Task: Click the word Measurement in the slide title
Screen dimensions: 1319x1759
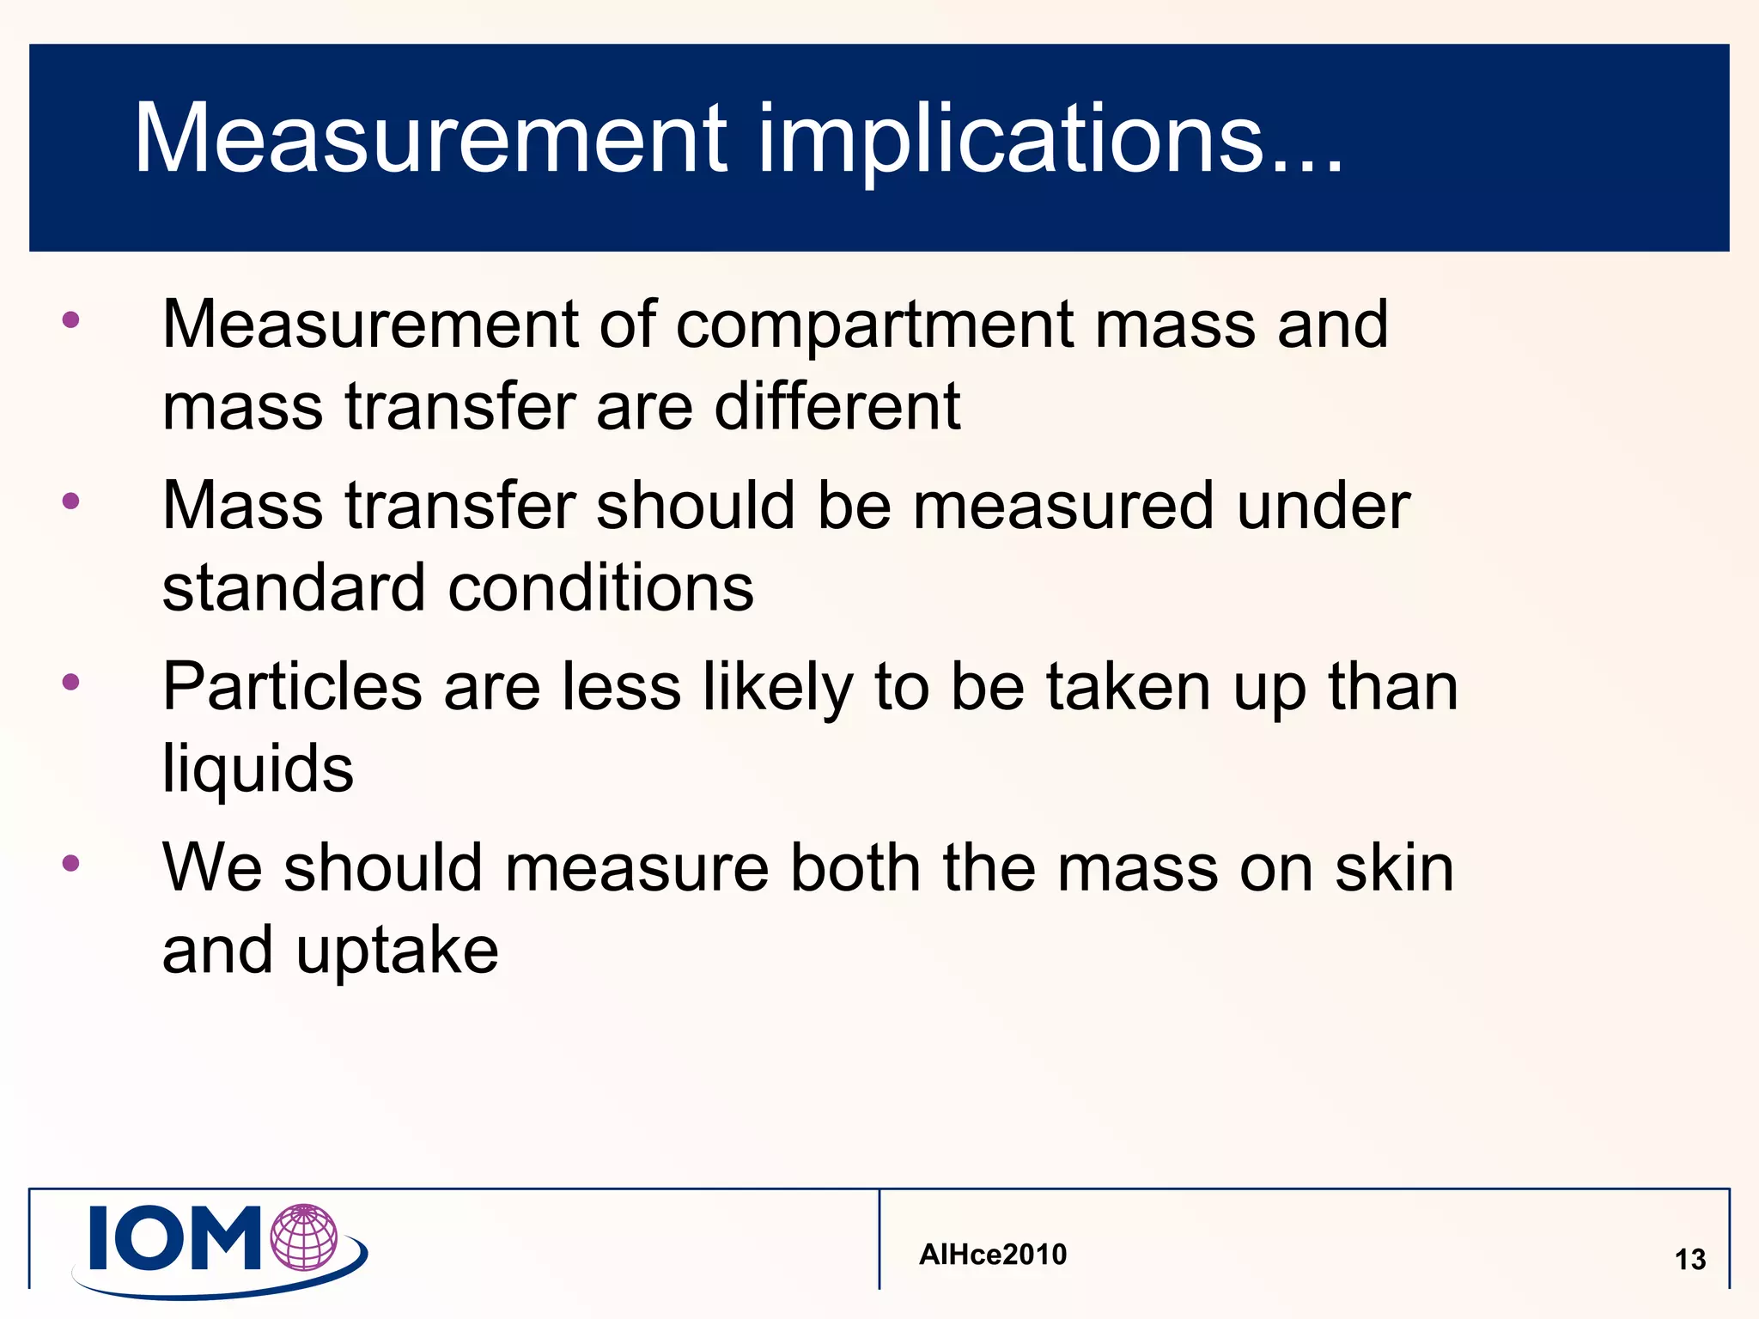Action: pos(429,139)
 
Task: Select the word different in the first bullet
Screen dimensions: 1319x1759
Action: pos(837,406)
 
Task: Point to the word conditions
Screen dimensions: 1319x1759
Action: pos(600,588)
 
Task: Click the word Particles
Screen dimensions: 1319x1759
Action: pos(292,687)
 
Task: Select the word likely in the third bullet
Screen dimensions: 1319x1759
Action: pos(778,687)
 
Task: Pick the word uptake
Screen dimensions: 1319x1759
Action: pos(397,950)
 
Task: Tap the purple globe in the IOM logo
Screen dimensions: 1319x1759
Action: pos(304,1237)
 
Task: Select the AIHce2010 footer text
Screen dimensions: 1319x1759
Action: pos(993,1255)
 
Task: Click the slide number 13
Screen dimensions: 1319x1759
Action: pos(1690,1260)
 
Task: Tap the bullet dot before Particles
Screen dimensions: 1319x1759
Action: pos(71,683)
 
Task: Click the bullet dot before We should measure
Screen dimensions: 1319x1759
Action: pos(71,864)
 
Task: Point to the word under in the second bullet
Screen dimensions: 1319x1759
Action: pos(1324,506)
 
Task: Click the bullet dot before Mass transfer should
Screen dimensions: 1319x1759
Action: pos(71,501)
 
